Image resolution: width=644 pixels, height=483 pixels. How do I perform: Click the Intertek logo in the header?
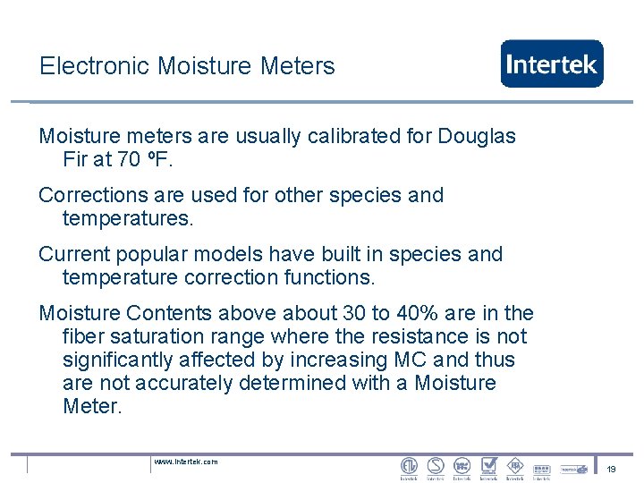click(x=551, y=64)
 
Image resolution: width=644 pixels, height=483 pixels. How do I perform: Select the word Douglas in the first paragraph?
click(x=476, y=136)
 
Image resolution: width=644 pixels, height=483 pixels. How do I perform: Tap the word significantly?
click(x=121, y=360)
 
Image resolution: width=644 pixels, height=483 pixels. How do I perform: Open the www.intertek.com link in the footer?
click(x=185, y=462)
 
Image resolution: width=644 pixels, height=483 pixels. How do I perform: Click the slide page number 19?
click(x=612, y=469)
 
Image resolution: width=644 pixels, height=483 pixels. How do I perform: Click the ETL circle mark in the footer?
click(x=409, y=466)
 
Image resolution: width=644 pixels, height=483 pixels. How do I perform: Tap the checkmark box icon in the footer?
click(x=488, y=466)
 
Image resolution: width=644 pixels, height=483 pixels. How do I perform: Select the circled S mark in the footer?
click(x=436, y=466)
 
